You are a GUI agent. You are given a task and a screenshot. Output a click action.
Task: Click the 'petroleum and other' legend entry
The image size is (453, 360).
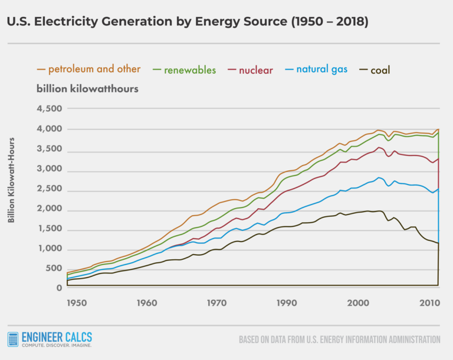(88, 70)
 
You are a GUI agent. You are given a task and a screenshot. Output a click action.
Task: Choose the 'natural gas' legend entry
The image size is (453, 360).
(314, 70)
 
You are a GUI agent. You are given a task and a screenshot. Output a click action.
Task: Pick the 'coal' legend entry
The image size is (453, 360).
(373, 70)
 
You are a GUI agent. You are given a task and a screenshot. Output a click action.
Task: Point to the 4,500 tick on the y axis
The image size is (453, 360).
(50, 109)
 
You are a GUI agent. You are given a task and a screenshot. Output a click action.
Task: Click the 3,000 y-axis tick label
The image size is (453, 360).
(50, 169)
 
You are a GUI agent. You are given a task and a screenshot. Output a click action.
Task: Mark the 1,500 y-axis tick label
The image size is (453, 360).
(50, 229)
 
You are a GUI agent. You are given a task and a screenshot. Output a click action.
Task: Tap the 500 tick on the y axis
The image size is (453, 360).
(54, 269)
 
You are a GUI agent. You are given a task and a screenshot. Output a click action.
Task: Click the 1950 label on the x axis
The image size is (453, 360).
(77, 303)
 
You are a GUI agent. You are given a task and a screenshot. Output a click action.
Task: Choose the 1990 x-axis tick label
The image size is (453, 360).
(288, 303)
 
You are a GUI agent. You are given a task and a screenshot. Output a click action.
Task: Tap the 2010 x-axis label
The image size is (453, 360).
(429, 303)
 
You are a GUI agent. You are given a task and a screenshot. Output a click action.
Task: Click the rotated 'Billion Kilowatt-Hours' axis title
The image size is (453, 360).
(11, 180)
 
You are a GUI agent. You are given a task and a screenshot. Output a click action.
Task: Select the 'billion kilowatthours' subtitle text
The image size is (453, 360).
(87, 89)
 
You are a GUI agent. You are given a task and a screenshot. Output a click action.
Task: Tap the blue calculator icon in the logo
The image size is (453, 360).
(13, 340)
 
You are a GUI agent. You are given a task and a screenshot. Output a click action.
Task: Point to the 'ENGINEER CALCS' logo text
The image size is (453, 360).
(57, 338)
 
